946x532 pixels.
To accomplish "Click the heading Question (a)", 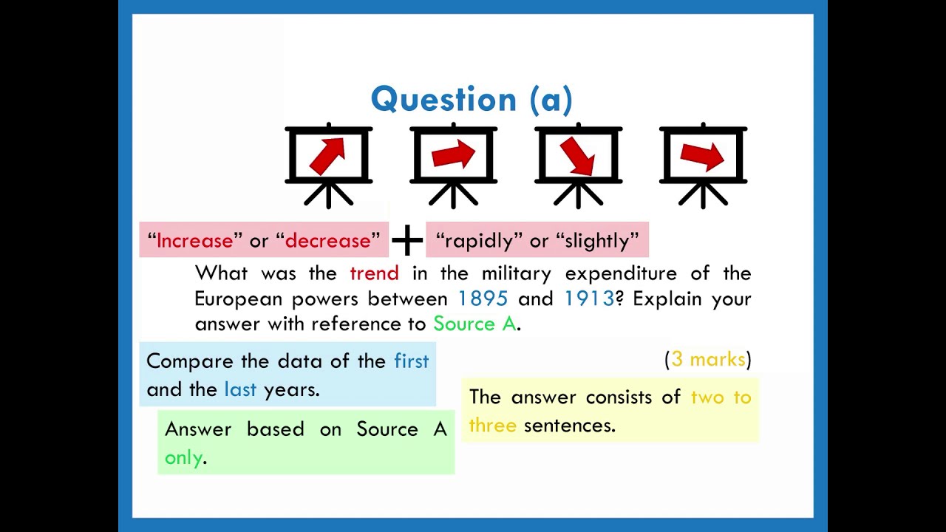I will (472, 100).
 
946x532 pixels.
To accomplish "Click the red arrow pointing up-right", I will (328, 155).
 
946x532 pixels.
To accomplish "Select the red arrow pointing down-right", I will (578, 156).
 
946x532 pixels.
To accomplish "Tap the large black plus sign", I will (407, 241).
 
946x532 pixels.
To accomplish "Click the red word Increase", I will (195, 241).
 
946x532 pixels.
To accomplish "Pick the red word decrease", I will (327, 241).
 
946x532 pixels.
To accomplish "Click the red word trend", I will (374, 273).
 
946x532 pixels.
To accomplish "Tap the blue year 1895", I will (483, 299).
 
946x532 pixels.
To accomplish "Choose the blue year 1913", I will (589, 299).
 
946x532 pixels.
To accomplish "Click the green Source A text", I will (474, 324).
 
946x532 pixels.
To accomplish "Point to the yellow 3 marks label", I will (708, 359).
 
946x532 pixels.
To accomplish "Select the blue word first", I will (411, 361).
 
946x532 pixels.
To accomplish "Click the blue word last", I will (240, 389).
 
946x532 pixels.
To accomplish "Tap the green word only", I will (183, 457).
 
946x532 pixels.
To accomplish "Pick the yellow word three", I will (492, 426).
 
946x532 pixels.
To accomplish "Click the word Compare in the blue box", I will (191, 361).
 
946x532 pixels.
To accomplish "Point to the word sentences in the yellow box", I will (568, 426).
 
